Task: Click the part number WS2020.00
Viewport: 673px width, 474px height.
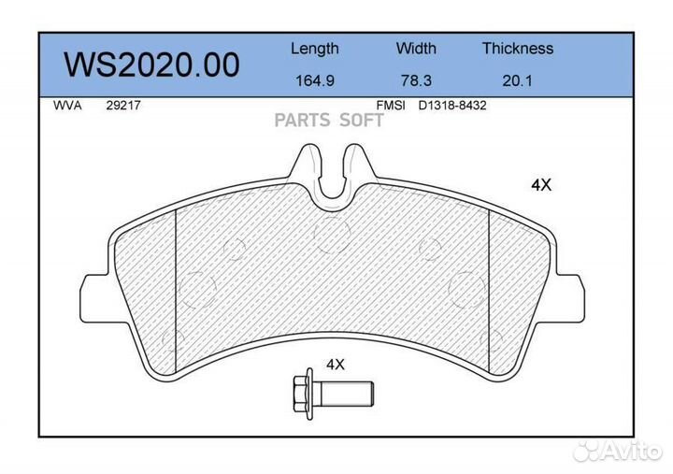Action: [x=152, y=65]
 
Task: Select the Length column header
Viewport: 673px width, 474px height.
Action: [x=315, y=49]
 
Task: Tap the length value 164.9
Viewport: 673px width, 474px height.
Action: [x=315, y=80]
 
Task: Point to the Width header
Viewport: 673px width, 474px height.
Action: [x=416, y=48]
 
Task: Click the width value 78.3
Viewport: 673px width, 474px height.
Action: [x=416, y=80]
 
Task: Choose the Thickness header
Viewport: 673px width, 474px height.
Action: [x=518, y=48]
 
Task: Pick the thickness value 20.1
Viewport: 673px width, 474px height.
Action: [x=517, y=80]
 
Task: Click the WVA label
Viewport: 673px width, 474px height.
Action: [x=67, y=106]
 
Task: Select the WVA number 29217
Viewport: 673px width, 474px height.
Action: [x=123, y=106]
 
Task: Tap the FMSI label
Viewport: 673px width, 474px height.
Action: [x=391, y=106]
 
